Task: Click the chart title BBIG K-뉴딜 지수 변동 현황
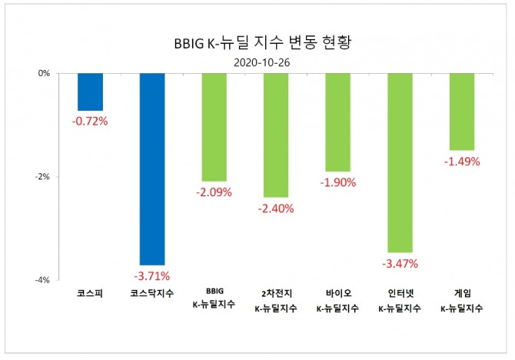257,42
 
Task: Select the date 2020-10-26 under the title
257,61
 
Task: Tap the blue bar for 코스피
90,92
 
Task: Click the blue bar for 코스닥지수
151,168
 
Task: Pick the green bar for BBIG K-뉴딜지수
214,127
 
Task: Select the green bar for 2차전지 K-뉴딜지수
276,135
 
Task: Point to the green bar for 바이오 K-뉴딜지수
337,122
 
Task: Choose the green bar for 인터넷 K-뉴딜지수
400,162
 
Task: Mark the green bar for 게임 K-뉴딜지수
461,112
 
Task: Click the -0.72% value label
90,121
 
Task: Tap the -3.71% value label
151,275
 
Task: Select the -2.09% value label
214,192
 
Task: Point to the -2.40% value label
276,208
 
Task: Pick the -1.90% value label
337,182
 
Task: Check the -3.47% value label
400,263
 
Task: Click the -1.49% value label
461,161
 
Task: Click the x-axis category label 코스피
90,293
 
